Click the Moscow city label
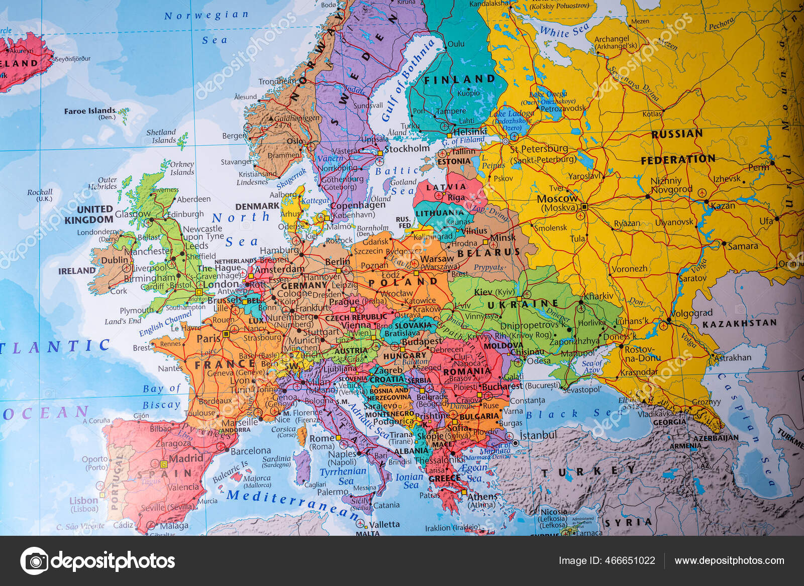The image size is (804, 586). [x=557, y=199]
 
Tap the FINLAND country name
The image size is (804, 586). [x=459, y=79]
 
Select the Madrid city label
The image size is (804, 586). [x=185, y=458]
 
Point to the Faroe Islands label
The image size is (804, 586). [x=89, y=111]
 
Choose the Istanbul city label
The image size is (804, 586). [x=538, y=435]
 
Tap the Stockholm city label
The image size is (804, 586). [x=407, y=149]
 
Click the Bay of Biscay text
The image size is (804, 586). [x=161, y=396]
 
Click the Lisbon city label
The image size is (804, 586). [x=83, y=501]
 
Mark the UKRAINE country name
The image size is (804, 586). [x=523, y=304]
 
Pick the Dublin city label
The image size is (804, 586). [x=115, y=260]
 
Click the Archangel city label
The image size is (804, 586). [x=612, y=39]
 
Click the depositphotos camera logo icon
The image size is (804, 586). [x=34, y=561]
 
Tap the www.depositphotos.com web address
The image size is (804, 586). [x=729, y=561]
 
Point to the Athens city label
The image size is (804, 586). [x=482, y=497]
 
